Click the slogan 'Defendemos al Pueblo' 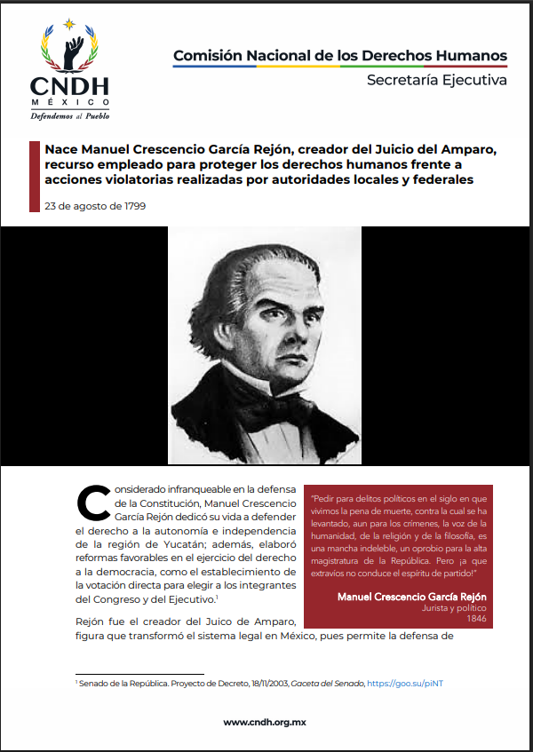tap(71, 115)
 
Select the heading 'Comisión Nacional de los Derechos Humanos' tap(340, 55)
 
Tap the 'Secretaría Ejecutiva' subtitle tap(436, 81)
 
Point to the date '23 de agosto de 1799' tap(95, 206)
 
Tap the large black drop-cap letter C tap(94, 503)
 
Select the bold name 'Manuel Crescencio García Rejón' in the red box tap(411, 596)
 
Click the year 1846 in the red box tap(476, 618)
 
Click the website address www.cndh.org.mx tap(266, 723)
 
